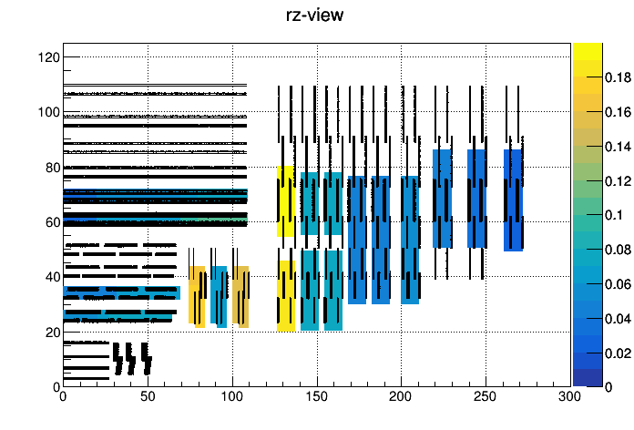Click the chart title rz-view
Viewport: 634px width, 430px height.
(x=314, y=15)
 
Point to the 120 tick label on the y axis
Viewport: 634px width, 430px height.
(x=49, y=57)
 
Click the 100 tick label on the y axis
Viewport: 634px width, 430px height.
(x=49, y=112)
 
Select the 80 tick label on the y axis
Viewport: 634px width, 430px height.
(x=53, y=168)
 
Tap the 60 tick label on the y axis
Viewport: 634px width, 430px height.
(x=53, y=222)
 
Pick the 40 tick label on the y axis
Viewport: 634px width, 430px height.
(x=53, y=277)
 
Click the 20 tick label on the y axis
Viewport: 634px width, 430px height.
(x=53, y=333)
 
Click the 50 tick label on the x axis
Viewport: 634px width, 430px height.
(x=148, y=396)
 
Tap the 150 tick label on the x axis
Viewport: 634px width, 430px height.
(x=317, y=396)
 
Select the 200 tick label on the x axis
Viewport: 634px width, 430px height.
(x=401, y=396)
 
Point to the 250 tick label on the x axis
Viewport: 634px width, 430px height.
(x=486, y=396)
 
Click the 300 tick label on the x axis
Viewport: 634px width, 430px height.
(x=570, y=396)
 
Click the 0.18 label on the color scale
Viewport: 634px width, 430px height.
(x=618, y=77)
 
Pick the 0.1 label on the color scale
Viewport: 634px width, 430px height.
(x=614, y=215)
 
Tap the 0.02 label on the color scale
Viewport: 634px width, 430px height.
(x=618, y=353)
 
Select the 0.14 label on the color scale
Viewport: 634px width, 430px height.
(x=618, y=146)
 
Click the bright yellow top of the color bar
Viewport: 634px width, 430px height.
(x=588, y=51)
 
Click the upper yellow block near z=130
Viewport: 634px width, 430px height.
(x=285, y=201)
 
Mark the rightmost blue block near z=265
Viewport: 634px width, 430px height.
(x=513, y=200)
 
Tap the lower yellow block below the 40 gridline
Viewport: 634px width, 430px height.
(x=286, y=296)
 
